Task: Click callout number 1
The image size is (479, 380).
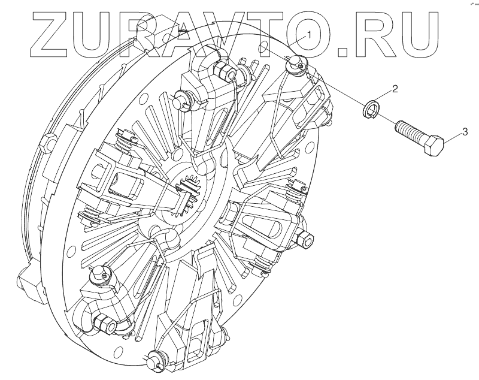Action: click(309, 35)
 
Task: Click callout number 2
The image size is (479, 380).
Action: click(395, 89)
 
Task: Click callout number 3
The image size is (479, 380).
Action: click(465, 132)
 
